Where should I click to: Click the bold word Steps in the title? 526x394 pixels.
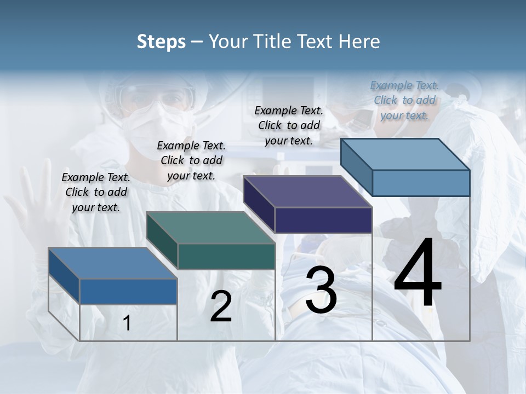pyautogui.click(x=161, y=42)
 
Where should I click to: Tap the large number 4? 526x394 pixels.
pyautogui.click(x=418, y=274)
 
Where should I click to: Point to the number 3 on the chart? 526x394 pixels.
pyautogui.click(x=321, y=290)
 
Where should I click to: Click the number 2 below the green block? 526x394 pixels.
pyautogui.click(x=221, y=306)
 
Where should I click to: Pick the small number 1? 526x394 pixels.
pyautogui.click(x=127, y=323)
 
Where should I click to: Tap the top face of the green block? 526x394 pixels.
pyautogui.click(x=210, y=228)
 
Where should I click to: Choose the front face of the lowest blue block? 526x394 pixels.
pyautogui.click(x=128, y=291)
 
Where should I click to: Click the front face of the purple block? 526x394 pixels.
pyautogui.click(x=323, y=221)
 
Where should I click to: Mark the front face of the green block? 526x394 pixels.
pyautogui.click(x=226, y=256)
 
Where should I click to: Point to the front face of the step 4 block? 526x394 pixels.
pyautogui.click(x=421, y=183)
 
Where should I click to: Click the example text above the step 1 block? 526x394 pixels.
pyautogui.click(x=96, y=192)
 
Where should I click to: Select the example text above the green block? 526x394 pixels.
pyautogui.click(x=191, y=160)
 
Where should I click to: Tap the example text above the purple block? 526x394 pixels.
pyautogui.click(x=289, y=125)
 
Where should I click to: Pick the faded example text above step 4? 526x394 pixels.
pyautogui.click(x=404, y=100)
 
